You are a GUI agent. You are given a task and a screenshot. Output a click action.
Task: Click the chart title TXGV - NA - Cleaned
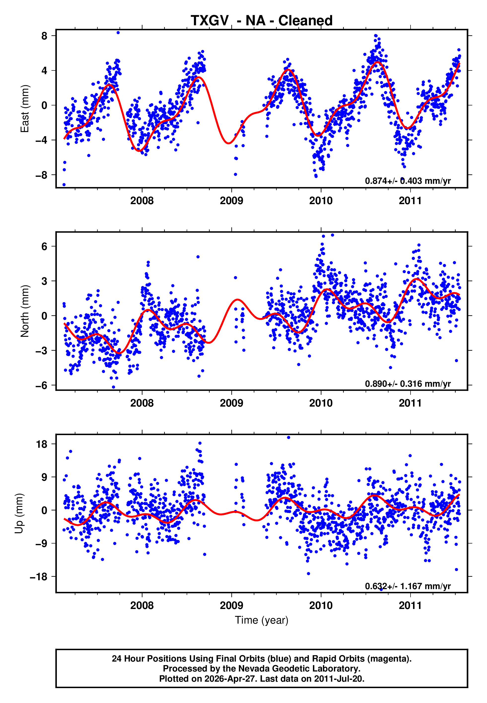click(x=262, y=21)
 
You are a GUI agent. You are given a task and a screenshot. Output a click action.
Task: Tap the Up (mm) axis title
click(x=19, y=513)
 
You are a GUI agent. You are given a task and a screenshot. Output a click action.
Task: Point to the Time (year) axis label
click(x=262, y=620)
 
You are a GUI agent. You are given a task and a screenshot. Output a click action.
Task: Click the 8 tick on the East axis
click(x=44, y=36)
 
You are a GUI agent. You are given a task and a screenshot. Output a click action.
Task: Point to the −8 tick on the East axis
click(x=41, y=175)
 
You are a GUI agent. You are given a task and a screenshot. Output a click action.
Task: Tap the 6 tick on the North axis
click(x=44, y=246)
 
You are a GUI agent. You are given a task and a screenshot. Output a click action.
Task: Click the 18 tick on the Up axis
click(x=42, y=444)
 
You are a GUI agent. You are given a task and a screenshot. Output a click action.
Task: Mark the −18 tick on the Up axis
click(x=39, y=577)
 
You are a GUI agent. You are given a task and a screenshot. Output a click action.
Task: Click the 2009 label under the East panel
click(x=231, y=201)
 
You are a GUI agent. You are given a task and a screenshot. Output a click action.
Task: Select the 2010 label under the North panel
click(x=321, y=403)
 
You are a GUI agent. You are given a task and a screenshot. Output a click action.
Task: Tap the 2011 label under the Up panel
click(x=410, y=606)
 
